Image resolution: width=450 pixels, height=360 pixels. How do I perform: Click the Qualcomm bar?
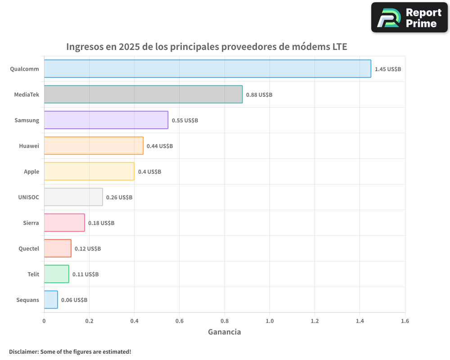pyautogui.click(x=207, y=69)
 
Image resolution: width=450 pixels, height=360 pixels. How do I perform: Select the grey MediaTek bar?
pyautogui.click(x=143, y=94)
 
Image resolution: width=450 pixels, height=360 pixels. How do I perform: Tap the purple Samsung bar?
pyautogui.click(x=106, y=120)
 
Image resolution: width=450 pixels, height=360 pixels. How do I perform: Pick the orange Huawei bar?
pyautogui.click(x=94, y=146)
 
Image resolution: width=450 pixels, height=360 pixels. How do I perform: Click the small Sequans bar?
pyautogui.click(x=51, y=300)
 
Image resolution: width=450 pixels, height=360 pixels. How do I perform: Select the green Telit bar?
pyautogui.click(x=56, y=274)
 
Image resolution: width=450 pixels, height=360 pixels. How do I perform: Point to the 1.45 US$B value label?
pyautogui.click(x=387, y=69)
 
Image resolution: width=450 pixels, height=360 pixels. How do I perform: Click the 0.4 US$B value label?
pyautogui.click(x=149, y=172)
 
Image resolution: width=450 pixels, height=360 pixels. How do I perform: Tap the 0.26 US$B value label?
pyautogui.click(x=119, y=198)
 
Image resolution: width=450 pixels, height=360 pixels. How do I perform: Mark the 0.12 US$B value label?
pyautogui.click(x=88, y=249)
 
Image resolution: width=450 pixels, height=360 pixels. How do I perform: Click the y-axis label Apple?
pyautogui.click(x=31, y=171)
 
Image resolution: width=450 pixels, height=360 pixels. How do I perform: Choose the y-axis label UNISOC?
pyautogui.click(x=29, y=197)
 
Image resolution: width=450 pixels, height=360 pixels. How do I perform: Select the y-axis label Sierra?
pyautogui.click(x=31, y=223)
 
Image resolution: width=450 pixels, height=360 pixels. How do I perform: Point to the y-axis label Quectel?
pyautogui.click(x=29, y=248)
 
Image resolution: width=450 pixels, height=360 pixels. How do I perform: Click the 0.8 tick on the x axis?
pyautogui.click(x=225, y=321)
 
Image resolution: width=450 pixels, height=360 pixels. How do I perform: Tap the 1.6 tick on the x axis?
pyautogui.click(x=405, y=321)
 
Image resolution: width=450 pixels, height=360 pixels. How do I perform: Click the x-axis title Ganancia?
pyautogui.click(x=224, y=332)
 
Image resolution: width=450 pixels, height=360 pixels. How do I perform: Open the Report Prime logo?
pyautogui.click(x=409, y=18)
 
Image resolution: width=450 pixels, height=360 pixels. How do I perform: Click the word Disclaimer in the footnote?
pyautogui.click(x=23, y=352)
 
